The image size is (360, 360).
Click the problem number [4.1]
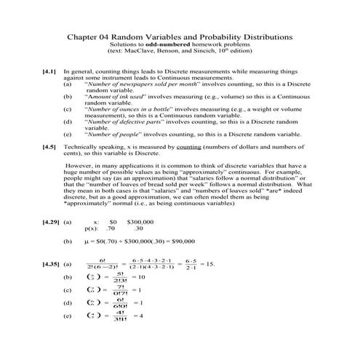pyautogui.click(x=51, y=73)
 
